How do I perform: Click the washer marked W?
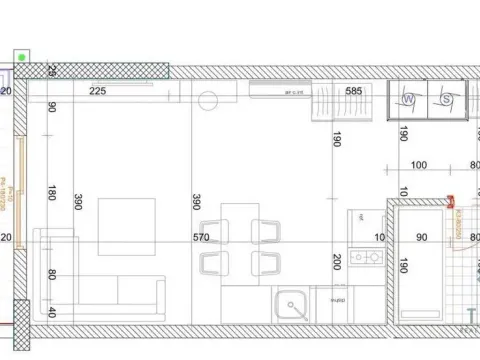coord(411,99)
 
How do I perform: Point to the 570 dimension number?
coord(200,238)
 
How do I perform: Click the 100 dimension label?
coord(418,165)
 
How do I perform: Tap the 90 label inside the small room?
coord(421,238)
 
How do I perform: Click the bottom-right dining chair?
coord(265,264)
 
